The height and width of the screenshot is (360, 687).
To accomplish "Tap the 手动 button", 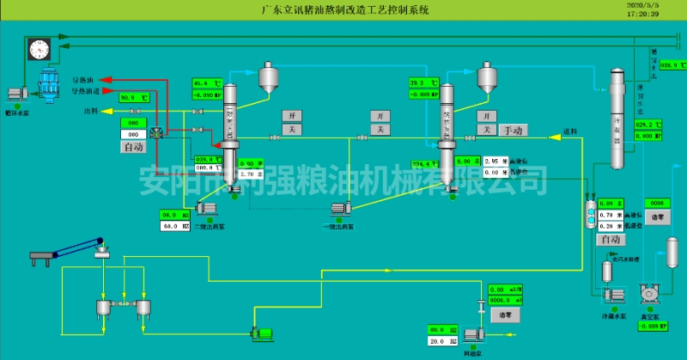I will (x=513, y=131).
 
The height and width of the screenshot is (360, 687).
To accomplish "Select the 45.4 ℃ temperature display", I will (x=206, y=83).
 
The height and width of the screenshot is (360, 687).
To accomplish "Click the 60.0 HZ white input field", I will (x=174, y=226).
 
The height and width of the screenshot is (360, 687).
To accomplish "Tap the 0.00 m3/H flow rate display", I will (x=505, y=290).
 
